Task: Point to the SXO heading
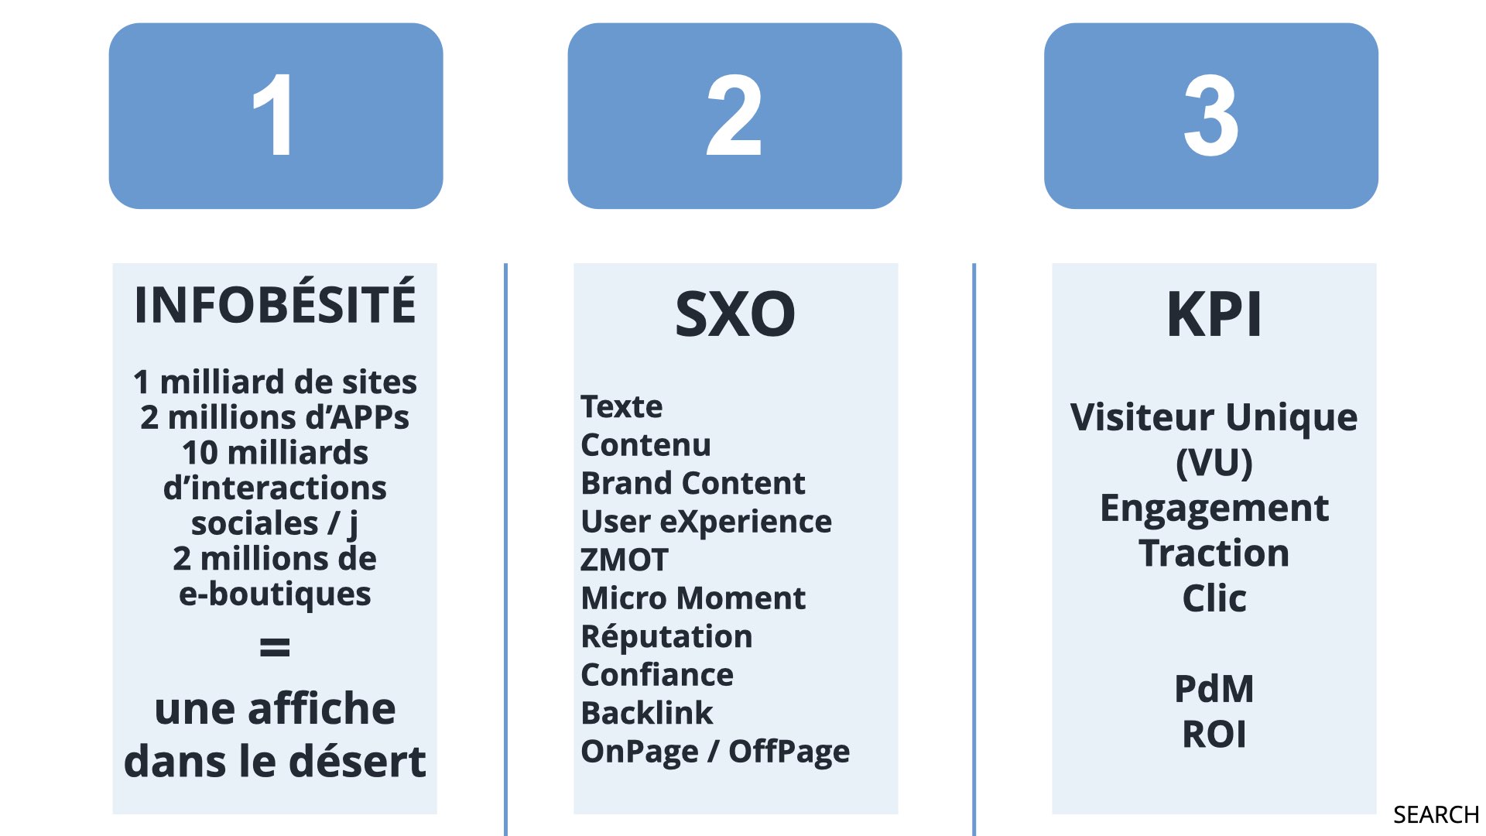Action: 735,313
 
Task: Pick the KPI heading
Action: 1214,313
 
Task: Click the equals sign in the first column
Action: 275,646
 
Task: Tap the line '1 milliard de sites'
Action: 275,382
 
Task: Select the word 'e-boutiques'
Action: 275,594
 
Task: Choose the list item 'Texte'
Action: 621,406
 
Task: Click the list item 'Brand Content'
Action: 693,483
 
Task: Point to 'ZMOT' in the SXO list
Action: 624,560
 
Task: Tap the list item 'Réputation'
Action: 666,636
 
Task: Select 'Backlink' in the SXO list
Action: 647,713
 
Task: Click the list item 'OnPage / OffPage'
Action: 715,752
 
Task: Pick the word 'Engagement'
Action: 1214,509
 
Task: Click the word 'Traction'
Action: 1214,553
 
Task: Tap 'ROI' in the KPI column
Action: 1214,734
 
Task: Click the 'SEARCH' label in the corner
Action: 1436,815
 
